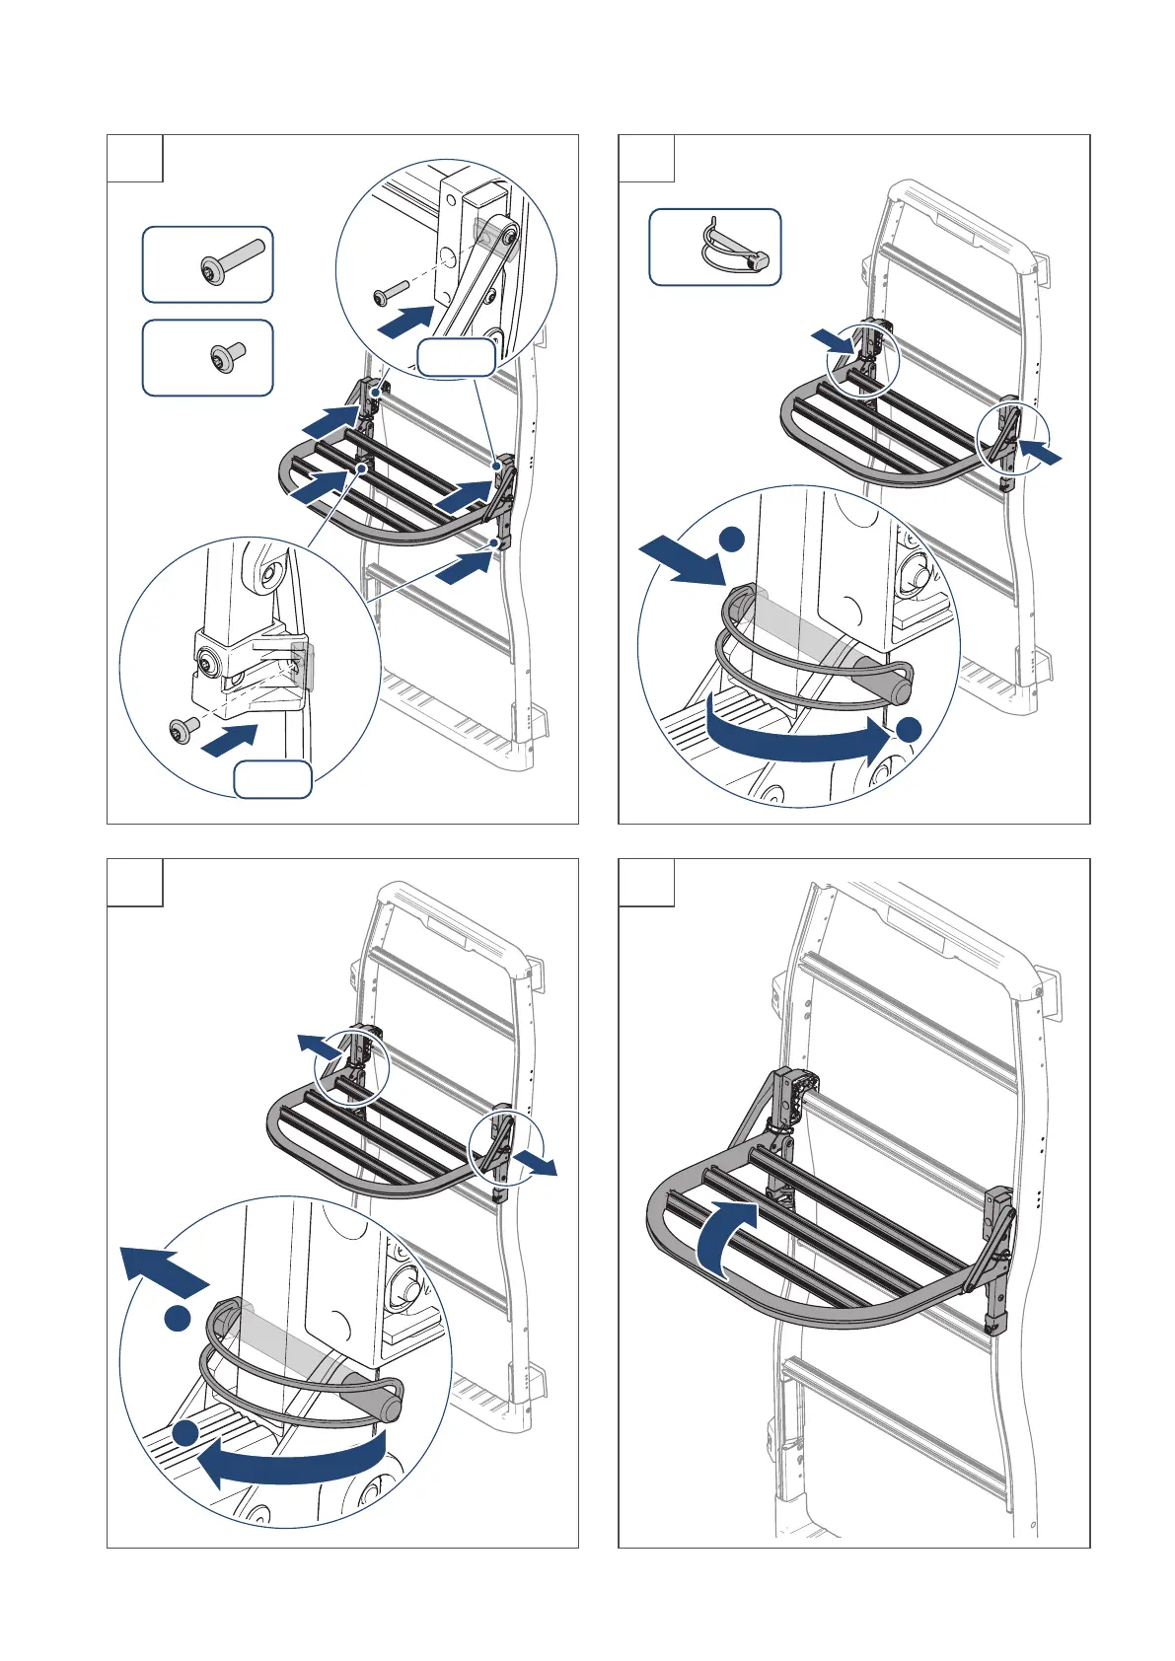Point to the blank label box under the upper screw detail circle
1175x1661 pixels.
tap(455, 357)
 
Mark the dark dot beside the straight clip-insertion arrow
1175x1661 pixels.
tap(731, 539)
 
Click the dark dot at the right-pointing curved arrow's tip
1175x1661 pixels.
tap(908, 730)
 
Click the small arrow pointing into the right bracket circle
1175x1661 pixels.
tap(1042, 453)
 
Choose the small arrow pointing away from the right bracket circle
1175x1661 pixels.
tap(537, 1164)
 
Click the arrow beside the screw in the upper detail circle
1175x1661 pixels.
tap(406, 321)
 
